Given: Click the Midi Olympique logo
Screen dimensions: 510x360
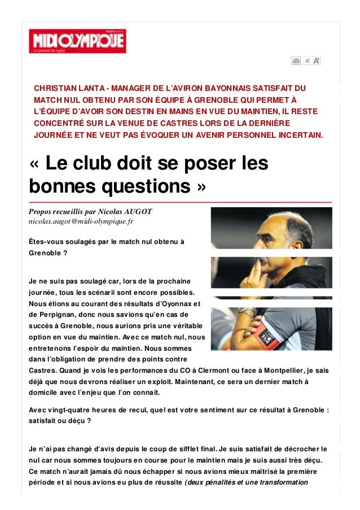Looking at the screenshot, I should (x=78, y=41).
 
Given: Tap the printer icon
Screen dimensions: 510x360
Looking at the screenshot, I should (x=296, y=60).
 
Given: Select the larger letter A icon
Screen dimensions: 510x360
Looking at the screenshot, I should (x=317, y=60).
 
